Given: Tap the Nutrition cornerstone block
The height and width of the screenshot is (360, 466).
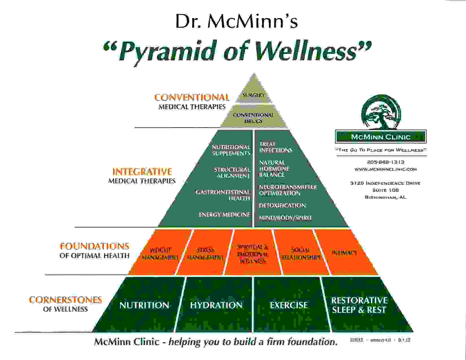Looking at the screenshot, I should [x=144, y=305].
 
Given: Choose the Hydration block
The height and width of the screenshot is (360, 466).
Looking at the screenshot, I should [x=216, y=305].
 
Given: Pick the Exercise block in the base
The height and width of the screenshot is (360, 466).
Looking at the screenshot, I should [x=288, y=305].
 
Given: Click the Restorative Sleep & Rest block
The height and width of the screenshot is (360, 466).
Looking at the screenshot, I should [x=359, y=305].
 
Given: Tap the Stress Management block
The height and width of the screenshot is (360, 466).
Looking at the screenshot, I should [x=205, y=254].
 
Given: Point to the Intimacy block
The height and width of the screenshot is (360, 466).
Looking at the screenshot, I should [x=344, y=253].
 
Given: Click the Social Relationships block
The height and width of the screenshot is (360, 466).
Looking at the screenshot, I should [x=301, y=254].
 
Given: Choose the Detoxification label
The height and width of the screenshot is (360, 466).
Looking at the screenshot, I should [x=282, y=206].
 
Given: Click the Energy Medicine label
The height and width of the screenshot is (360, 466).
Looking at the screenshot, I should [x=224, y=215].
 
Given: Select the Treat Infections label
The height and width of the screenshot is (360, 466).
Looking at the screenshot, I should [x=275, y=147].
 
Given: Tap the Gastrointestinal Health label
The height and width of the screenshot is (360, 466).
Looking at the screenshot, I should [x=223, y=195].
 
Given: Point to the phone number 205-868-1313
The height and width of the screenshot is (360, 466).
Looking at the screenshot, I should [x=386, y=162].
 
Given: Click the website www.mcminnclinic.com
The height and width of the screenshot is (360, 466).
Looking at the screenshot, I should [x=386, y=169].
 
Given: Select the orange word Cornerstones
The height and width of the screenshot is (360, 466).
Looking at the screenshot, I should [x=65, y=300].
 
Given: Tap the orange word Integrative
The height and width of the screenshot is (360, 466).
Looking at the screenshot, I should [x=142, y=172].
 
